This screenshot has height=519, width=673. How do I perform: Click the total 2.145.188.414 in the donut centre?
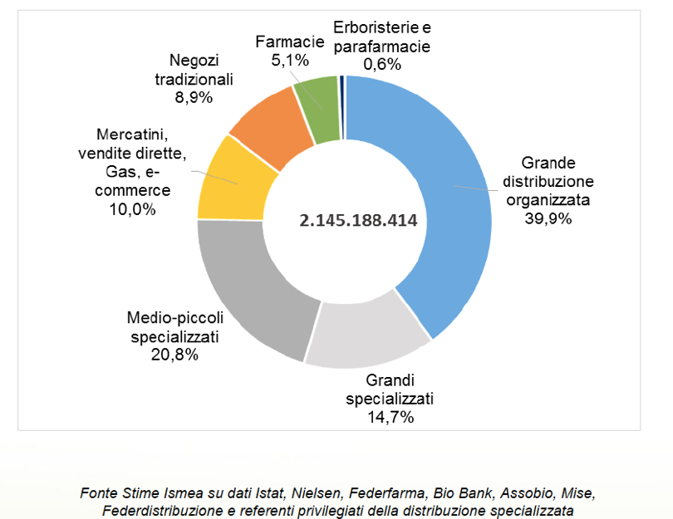pyautogui.click(x=358, y=221)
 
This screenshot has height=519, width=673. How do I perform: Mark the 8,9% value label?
pyautogui.click(x=193, y=97)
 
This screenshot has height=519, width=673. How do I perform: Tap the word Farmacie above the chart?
pyautogui.click(x=290, y=41)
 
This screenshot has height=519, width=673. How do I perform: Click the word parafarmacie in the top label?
pyautogui.click(x=381, y=47)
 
